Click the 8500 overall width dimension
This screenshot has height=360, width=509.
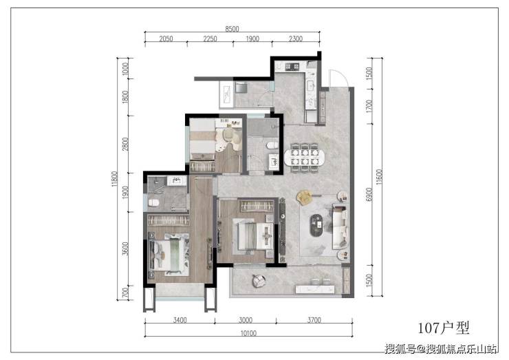tap(232, 29)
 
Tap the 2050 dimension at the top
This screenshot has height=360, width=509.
tap(166, 39)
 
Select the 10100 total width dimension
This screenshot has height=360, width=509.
tap(248, 333)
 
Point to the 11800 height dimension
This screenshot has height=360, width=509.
tap(114, 179)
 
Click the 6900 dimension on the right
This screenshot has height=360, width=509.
tap(369, 194)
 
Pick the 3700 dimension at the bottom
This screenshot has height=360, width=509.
tap(314, 320)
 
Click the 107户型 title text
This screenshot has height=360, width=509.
tap(444, 328)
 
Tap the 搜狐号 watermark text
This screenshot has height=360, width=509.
tap(400, 349)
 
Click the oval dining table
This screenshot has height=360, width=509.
tap(304, 157)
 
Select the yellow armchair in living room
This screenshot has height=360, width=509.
tap(305, 197)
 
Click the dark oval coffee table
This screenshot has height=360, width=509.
tap(316, 225)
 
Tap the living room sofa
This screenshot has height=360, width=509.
tap(340, 227)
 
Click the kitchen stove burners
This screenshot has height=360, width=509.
tap(292, 67)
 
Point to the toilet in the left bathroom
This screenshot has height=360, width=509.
tap(153, 203)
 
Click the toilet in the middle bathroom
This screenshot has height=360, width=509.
tap(272, 145)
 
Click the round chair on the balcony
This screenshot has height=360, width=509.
tap(259, 281)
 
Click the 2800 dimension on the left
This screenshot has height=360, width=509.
tap(125, 144)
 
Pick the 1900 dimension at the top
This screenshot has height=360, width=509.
tap(252, 39)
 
